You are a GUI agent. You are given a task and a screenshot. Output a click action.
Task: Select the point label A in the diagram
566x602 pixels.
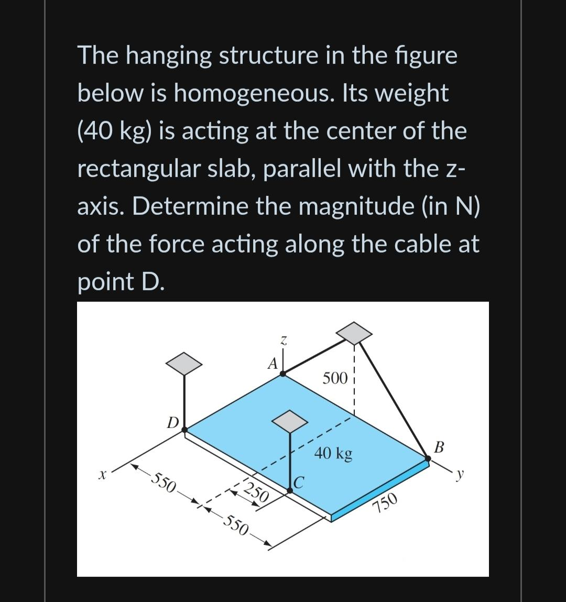(271, 363)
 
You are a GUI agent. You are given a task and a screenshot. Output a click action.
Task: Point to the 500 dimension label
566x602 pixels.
(335, 378)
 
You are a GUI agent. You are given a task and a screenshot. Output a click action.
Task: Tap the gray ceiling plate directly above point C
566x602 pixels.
(290, 421)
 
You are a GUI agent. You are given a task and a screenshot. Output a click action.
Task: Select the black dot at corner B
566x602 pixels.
(428, 458)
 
